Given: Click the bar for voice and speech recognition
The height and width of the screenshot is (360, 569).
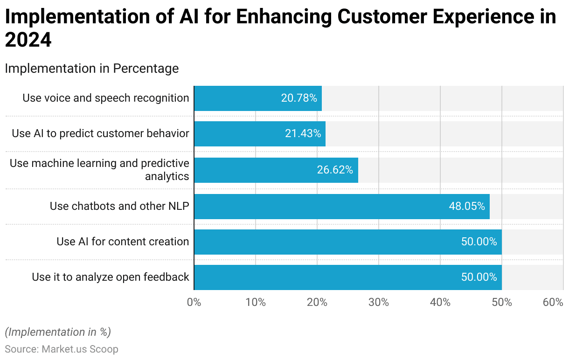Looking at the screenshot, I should [x=257, y=98].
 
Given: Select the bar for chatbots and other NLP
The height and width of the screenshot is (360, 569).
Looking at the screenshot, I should [x=341, y=206].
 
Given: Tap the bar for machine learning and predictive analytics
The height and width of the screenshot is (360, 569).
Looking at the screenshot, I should [x=276, y=170].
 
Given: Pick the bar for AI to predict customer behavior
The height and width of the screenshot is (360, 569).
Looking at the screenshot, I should [x=259, y=134].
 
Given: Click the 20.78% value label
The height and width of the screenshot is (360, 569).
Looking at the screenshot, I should [x=299, y=98].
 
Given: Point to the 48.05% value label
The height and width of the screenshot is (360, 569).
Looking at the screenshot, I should [x=467, y=206].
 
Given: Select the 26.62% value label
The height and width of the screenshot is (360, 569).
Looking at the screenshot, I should [x=335, y=170].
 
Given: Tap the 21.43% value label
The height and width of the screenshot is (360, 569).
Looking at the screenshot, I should [x=303, y=134].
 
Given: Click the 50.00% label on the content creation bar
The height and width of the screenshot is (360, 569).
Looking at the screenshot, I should [x=479, y=242].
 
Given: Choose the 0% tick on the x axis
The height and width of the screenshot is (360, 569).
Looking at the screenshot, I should [x=194, y=302].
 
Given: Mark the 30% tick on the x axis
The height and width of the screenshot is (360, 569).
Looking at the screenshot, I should [x=379, y=302].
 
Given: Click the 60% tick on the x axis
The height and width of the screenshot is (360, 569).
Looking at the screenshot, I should [x=553, y=302].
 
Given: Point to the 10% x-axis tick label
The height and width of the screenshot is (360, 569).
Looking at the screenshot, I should [x=256, y=302].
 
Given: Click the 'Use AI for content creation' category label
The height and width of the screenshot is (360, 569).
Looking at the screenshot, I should [x=123, y=242].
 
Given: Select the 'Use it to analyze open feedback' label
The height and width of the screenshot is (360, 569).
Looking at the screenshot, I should [x=111, y=277].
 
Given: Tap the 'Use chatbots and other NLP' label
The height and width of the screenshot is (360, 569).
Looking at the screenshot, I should [x=119, y=206].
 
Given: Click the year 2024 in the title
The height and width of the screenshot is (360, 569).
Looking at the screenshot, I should [x=28, y=41].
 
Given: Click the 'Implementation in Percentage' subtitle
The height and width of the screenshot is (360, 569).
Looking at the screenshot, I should [x=92, y=69].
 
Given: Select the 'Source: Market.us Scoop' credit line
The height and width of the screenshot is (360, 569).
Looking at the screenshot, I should [x=62, y=349].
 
